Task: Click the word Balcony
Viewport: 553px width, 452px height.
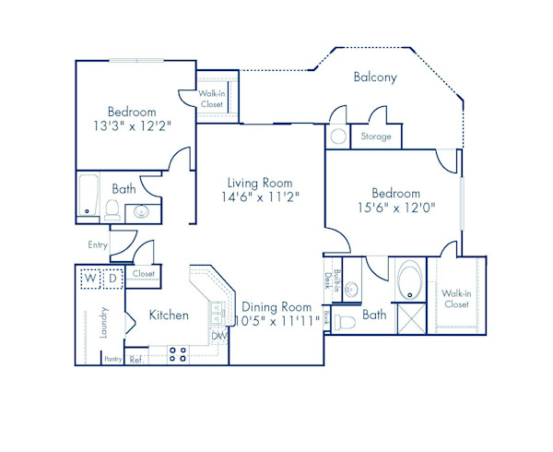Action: (x=375, y=77)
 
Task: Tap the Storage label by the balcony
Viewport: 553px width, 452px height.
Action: (x=376, y=137)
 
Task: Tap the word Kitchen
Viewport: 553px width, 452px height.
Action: (x=169, y=315)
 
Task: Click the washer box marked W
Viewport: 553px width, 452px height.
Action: (x=91, y=277)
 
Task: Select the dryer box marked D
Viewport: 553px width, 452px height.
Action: (x=112, y=277)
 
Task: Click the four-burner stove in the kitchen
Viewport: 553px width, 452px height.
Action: (x=178, y=353)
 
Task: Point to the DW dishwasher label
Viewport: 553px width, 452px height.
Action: (x=218, y=336)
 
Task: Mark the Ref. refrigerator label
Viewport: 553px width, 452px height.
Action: (x=136, y=359)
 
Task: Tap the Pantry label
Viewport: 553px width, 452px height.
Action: (x=112, y=359)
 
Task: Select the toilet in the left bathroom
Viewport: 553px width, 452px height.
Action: (x=112, y=212)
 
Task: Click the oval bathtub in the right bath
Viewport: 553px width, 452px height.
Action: (x=409, y=280)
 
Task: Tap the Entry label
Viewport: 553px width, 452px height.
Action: (x=98, y=245)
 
